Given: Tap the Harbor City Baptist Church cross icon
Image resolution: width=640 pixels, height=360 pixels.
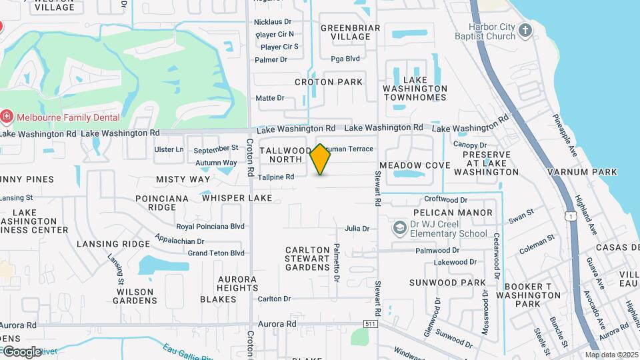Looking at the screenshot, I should tap(526, 30).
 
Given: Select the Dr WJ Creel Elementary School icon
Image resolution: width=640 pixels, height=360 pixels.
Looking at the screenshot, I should tap(399, 229).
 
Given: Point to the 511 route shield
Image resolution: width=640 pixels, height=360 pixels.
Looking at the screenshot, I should tap(371, 323).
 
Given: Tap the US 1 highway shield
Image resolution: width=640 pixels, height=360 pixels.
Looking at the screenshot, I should tap(571, 216).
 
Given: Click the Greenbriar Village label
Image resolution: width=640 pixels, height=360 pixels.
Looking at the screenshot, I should tap(350, 32).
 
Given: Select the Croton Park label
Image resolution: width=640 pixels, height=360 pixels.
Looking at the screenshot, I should tap(329, 82).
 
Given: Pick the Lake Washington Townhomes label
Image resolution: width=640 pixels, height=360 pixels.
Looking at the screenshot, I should tap(415, 89).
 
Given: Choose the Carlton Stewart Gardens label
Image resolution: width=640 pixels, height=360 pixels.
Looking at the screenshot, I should tap(307, 258).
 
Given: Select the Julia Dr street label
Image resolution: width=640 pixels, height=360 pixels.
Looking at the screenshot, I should tap(357, 229).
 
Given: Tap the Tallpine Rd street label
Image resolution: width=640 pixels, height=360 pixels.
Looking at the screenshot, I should tap(276, 177).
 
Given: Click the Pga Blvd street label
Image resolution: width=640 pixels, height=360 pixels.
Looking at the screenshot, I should tap(345, 59).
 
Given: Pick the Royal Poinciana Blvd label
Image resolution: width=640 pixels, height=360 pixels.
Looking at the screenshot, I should tap(210, 226).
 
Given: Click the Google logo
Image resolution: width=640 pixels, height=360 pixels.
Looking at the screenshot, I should tap(21, 352).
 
